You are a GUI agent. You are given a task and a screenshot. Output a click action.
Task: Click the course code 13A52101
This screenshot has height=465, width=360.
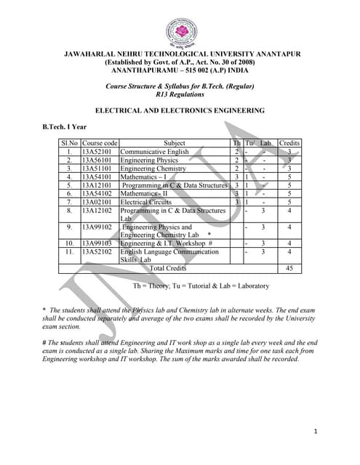(x=100, y=152)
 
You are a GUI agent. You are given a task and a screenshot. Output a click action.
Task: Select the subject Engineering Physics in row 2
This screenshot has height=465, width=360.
(x=148, y=160)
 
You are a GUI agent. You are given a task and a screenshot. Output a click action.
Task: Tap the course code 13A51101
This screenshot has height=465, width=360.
(x=100, y=169)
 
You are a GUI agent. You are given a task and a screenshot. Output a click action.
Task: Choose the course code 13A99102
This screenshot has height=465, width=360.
(x=100, y=227)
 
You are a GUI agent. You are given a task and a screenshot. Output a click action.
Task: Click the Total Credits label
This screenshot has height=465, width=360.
(x=167, y=268)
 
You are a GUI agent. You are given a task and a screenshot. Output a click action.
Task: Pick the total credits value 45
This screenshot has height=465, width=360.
(x=289, y=268)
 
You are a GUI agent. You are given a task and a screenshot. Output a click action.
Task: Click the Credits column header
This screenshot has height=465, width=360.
(x=289, y=143)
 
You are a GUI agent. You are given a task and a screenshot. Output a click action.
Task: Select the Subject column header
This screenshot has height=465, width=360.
(x=175, y=143)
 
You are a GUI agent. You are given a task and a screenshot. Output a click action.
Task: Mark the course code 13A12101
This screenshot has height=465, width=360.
(x=100, y=185)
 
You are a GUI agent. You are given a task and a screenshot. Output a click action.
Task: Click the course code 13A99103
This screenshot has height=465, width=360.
(x=100, y=243)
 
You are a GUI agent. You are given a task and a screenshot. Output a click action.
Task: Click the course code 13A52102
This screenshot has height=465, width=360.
(x=100, y=251)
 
